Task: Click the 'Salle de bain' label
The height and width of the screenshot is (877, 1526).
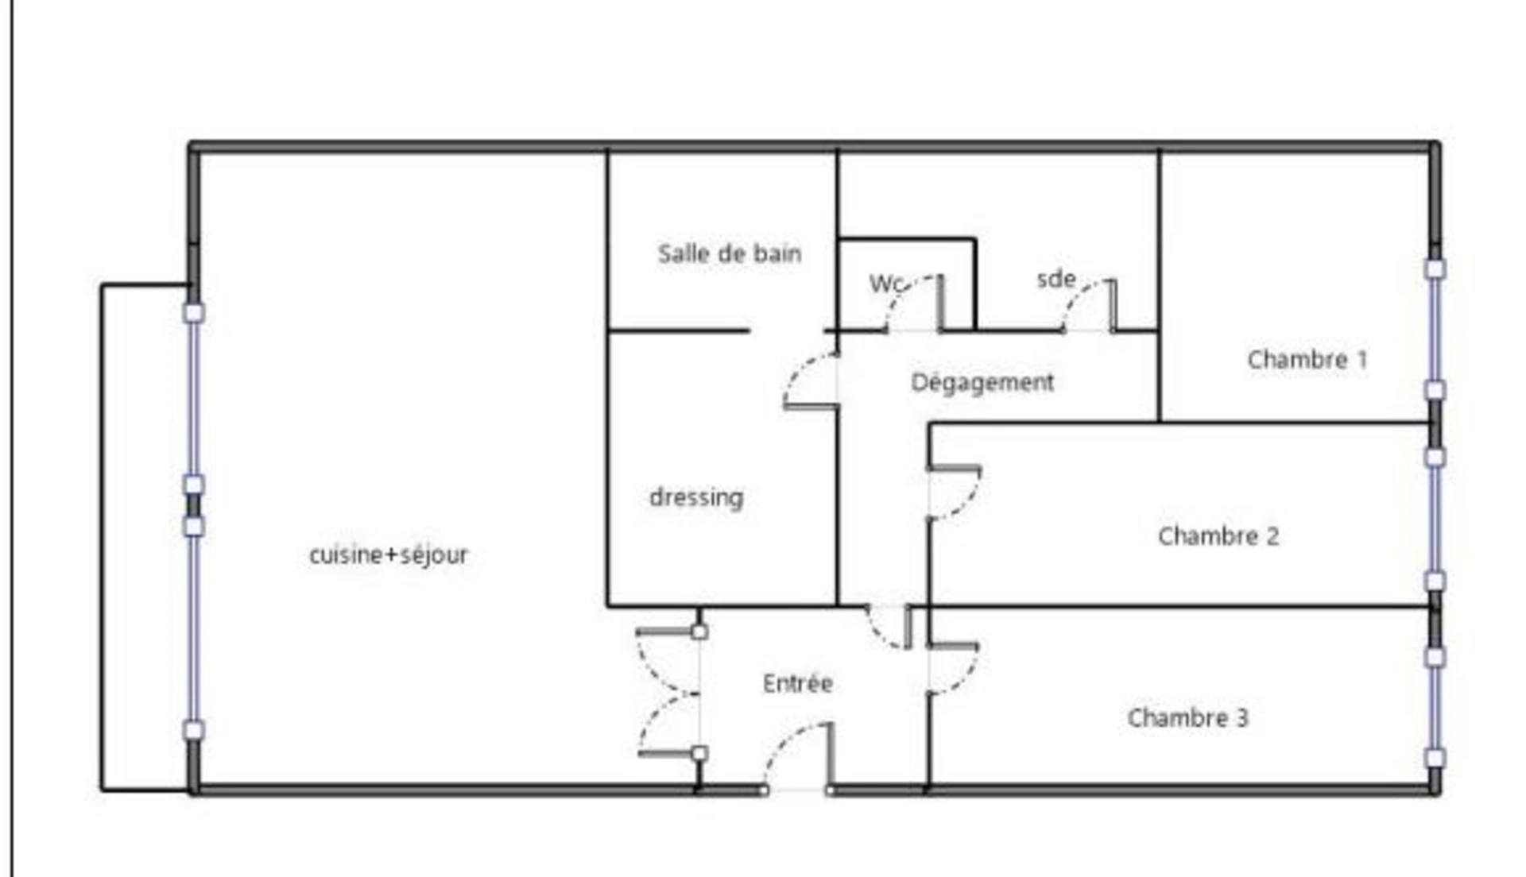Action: [730, 253]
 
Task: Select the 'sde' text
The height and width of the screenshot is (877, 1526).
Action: [1056, 279]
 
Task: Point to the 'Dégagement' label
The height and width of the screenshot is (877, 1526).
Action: [982, 382]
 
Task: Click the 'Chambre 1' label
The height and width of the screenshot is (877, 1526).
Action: [1307, 360]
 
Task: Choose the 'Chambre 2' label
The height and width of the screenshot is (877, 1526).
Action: [1218, 536]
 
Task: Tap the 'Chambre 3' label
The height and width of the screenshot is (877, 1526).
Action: [1187, 718]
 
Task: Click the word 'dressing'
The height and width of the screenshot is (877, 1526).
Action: [696, 498]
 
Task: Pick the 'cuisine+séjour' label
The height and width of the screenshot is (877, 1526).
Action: [389, 554]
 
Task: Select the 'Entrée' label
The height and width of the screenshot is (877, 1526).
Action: [798, 683]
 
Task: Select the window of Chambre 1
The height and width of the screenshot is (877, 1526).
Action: [1435, 330]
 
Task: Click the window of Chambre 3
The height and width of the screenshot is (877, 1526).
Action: [1435, 708]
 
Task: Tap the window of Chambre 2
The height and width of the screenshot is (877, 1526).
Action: [1435, 520]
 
